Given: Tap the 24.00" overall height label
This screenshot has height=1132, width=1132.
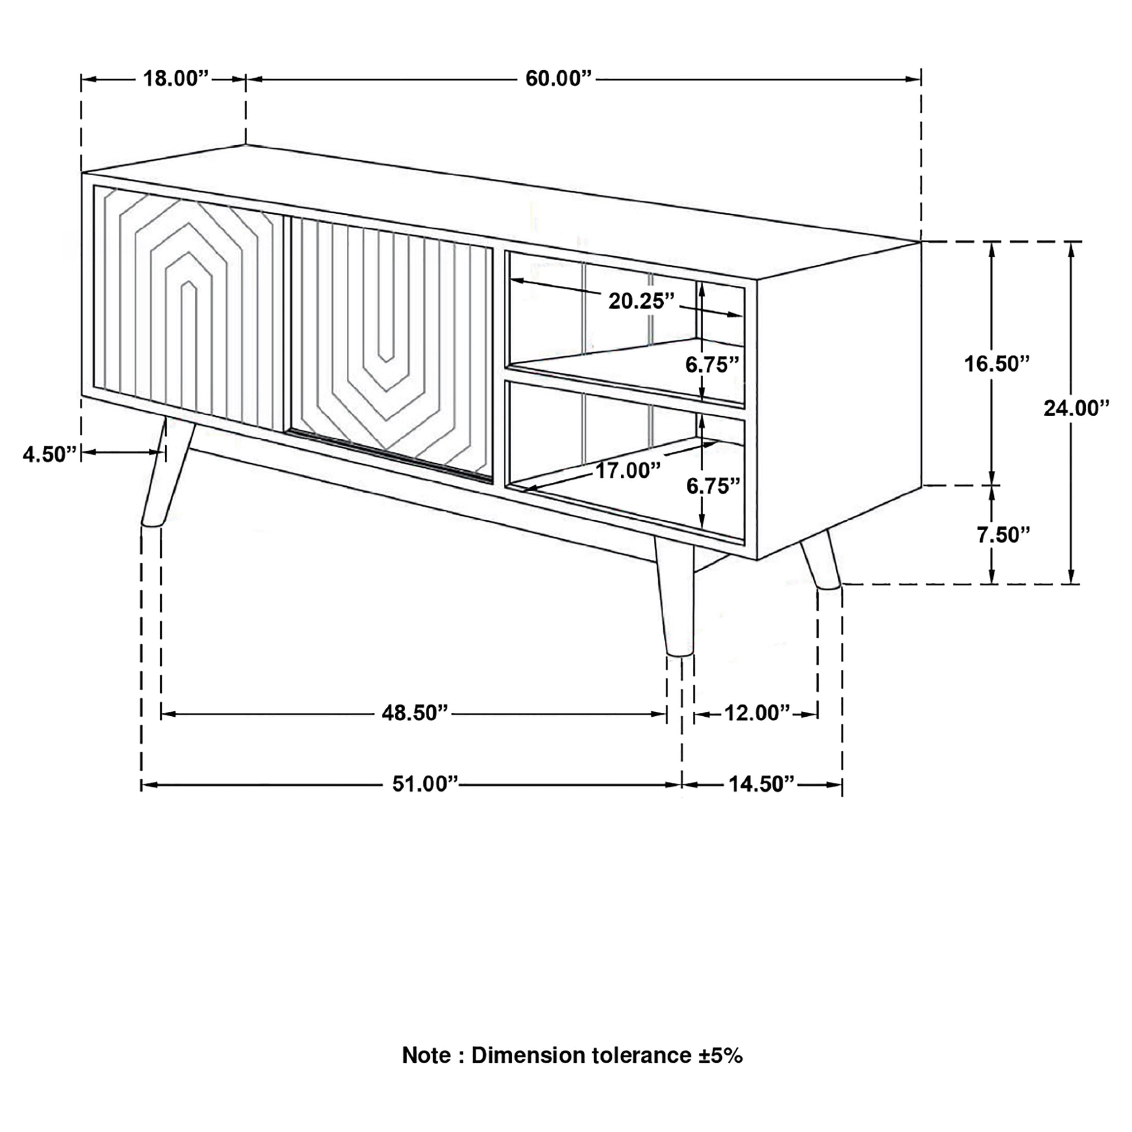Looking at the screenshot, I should (1076, 408).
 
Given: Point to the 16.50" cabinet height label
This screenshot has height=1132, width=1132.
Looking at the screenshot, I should (997, 364).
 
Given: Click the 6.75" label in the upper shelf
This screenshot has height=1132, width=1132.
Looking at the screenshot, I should (712, 365).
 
